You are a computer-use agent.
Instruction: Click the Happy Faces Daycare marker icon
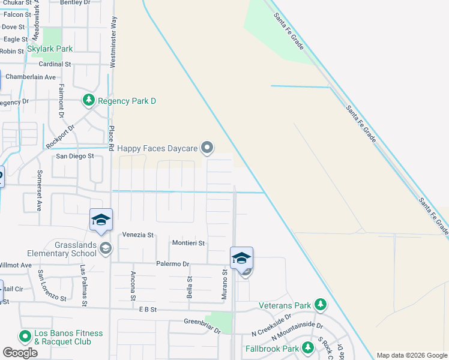point(207,147)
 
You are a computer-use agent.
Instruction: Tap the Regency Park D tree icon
point(89,100)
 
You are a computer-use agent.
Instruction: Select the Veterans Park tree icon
point(321,305)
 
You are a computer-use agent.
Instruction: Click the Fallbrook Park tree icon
point(308,347)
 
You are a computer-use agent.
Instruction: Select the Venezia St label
point(139,235)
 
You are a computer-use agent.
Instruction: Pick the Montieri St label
point(188,243)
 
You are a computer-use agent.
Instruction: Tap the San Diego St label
point(75,156)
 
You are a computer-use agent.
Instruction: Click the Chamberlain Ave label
point(30,77)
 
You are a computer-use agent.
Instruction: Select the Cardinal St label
point(55,64)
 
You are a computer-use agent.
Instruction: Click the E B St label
point(147,310)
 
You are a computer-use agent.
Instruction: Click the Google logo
point(20,352)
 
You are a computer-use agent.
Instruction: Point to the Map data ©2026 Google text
point(411,355)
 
